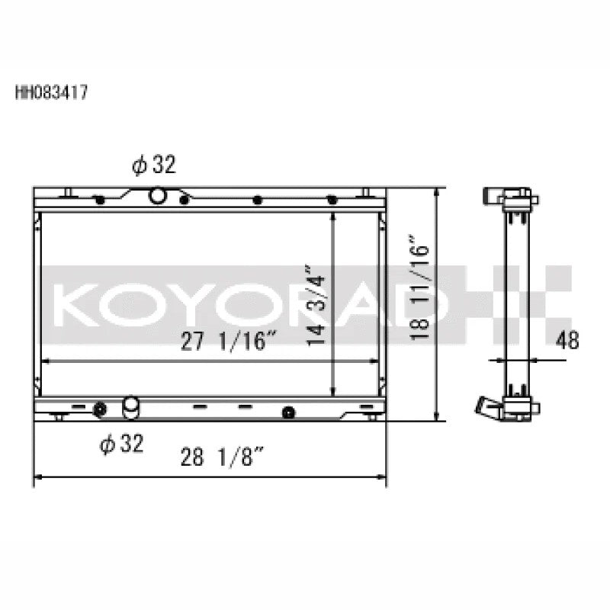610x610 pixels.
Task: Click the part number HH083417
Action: click(51, 92)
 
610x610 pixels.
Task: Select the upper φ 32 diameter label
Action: click(154, 164)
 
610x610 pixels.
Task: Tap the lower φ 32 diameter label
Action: click(121, 444)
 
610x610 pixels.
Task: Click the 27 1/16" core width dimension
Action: click(229, 341)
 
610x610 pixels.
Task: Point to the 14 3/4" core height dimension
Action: click(315, 305)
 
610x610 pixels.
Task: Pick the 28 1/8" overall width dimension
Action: click(223, 457)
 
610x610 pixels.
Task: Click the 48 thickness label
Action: click(567, 340)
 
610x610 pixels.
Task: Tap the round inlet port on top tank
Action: click(157, 195)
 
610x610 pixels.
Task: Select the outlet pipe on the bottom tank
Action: click(130, 407)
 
